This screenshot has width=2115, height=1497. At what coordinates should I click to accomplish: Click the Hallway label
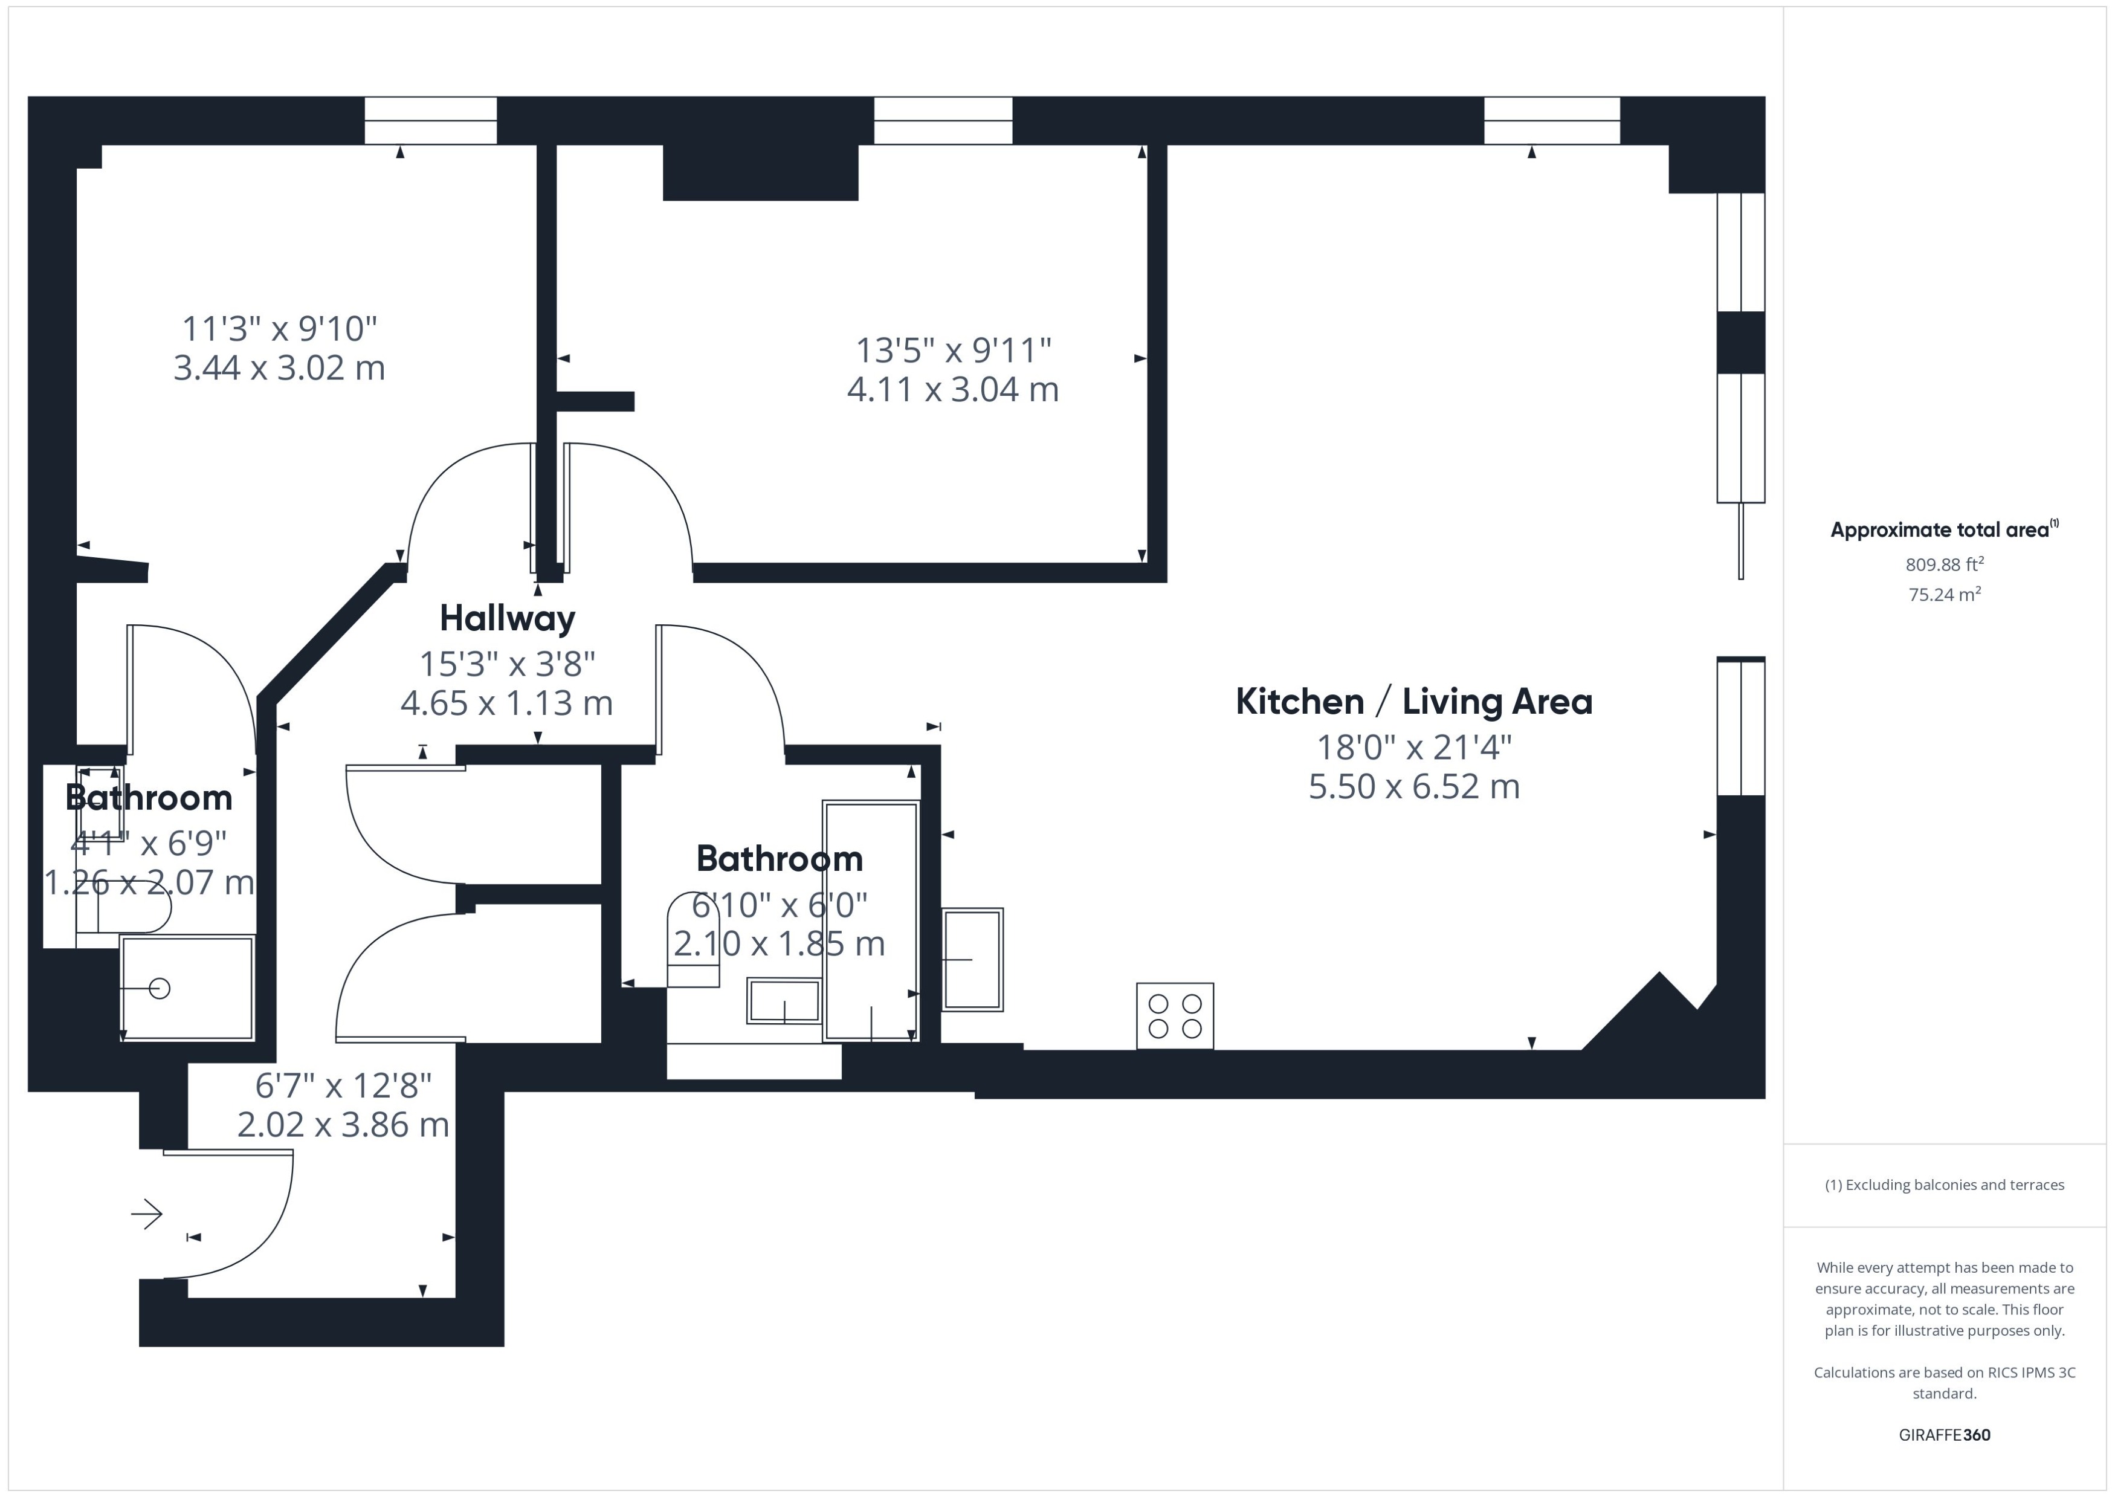coord(507,618)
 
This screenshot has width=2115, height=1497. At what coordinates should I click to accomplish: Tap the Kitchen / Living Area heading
coord(1413,702)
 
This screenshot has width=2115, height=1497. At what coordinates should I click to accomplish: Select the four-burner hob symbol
coord(1174,1016)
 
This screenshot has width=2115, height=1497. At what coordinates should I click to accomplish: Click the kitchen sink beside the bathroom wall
coord(972,960)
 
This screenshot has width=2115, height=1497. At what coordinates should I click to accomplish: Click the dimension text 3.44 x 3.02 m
coord(279,368)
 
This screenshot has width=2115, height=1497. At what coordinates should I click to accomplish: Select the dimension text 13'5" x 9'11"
coord(953,351)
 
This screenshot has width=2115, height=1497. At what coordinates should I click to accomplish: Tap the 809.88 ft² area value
coord(1943,564)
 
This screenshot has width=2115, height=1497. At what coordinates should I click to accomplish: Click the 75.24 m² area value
coord(1943,595)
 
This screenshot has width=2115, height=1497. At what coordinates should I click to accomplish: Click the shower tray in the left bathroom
coord(187,988)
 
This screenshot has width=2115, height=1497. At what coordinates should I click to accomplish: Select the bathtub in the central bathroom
coord(871,921)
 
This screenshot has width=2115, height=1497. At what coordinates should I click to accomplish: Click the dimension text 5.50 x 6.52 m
coord(1413,786)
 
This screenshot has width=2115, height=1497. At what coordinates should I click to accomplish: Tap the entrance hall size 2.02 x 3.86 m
coord(343,1125)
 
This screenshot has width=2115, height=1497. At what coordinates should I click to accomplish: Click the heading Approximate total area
coord(1940,530)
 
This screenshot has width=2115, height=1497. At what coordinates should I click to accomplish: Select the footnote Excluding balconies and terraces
coord(1943,1185)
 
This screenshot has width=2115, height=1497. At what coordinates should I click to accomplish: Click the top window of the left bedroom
coord(430,121)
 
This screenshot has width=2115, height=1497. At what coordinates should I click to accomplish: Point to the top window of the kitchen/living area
coord(1551,121)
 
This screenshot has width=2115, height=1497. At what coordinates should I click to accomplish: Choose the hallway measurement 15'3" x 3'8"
coord(507,663)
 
